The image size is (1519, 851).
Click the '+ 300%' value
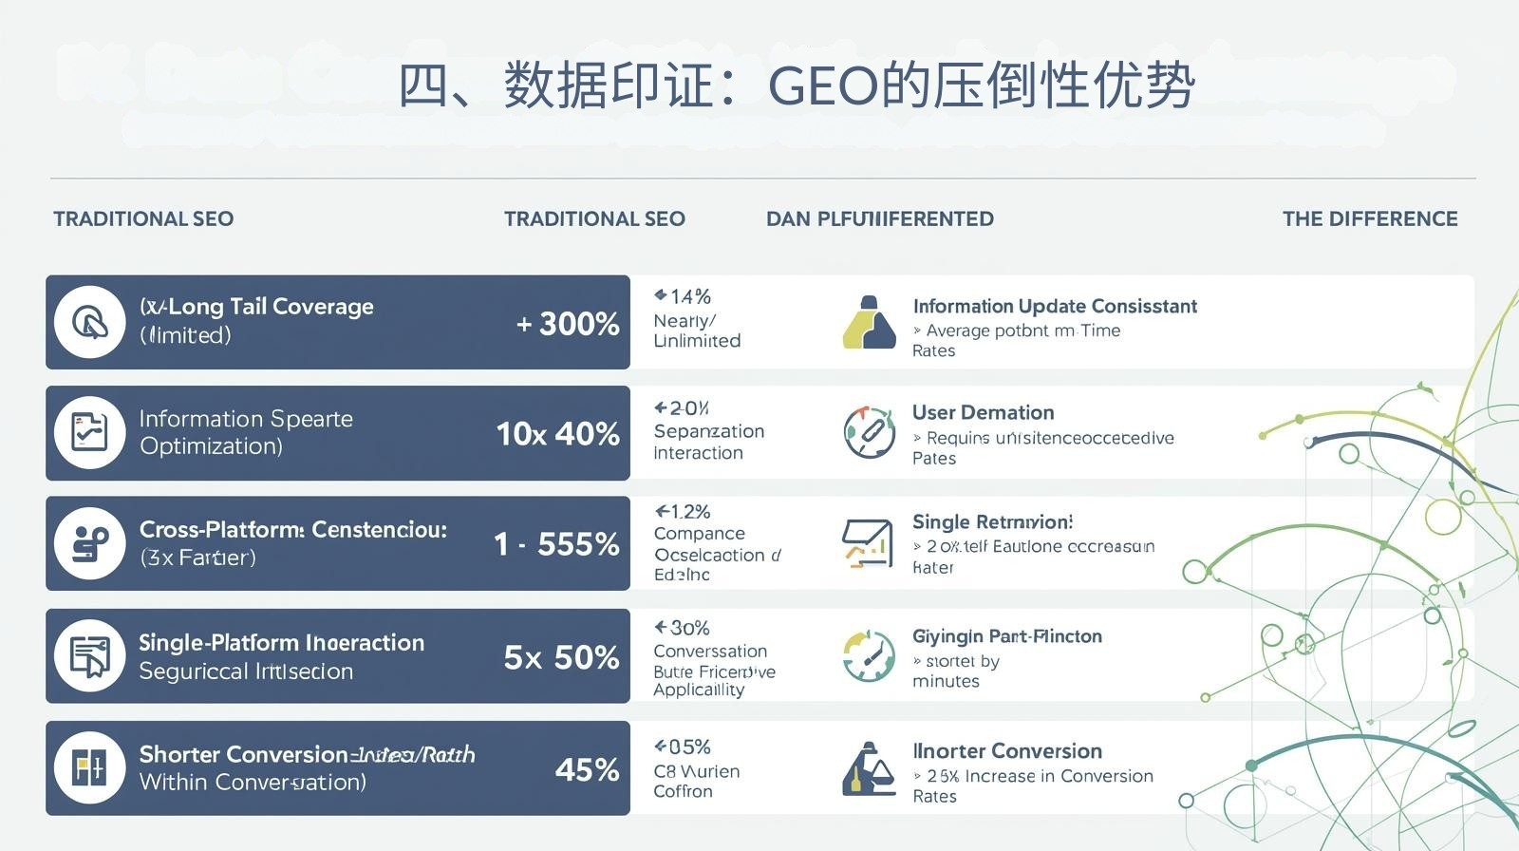coord(568,324)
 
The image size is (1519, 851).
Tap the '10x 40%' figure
coord(557,434)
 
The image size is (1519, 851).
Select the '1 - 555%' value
coord(556,544)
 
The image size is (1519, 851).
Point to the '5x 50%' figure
coord(561,657)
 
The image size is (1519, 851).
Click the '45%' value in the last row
coord(587,769)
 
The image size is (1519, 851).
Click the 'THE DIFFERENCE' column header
coord(1369,219)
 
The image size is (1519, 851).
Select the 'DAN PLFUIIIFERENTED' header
coord(879,219)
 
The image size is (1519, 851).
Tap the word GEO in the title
coord(823,86)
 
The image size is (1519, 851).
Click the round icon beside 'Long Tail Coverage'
coord(90,323)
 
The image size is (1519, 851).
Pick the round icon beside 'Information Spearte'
coord(90,433)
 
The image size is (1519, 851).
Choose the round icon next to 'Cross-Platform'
coord(90,543)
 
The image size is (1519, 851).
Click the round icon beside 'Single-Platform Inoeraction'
coord(90,656)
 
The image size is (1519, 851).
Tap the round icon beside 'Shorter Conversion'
coord(90,767)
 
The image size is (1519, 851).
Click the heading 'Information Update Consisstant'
coord(1054,306)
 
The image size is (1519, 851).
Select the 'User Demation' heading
coord(983,412)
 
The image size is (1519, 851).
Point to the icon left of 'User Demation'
coord(869,432)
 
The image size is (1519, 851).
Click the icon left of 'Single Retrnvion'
coord(867,543)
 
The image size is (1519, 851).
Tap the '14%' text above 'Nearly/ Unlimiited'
coord(684,296)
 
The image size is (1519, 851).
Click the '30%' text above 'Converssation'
coord(683,628)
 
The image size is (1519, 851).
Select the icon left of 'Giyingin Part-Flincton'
coord(869,655)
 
